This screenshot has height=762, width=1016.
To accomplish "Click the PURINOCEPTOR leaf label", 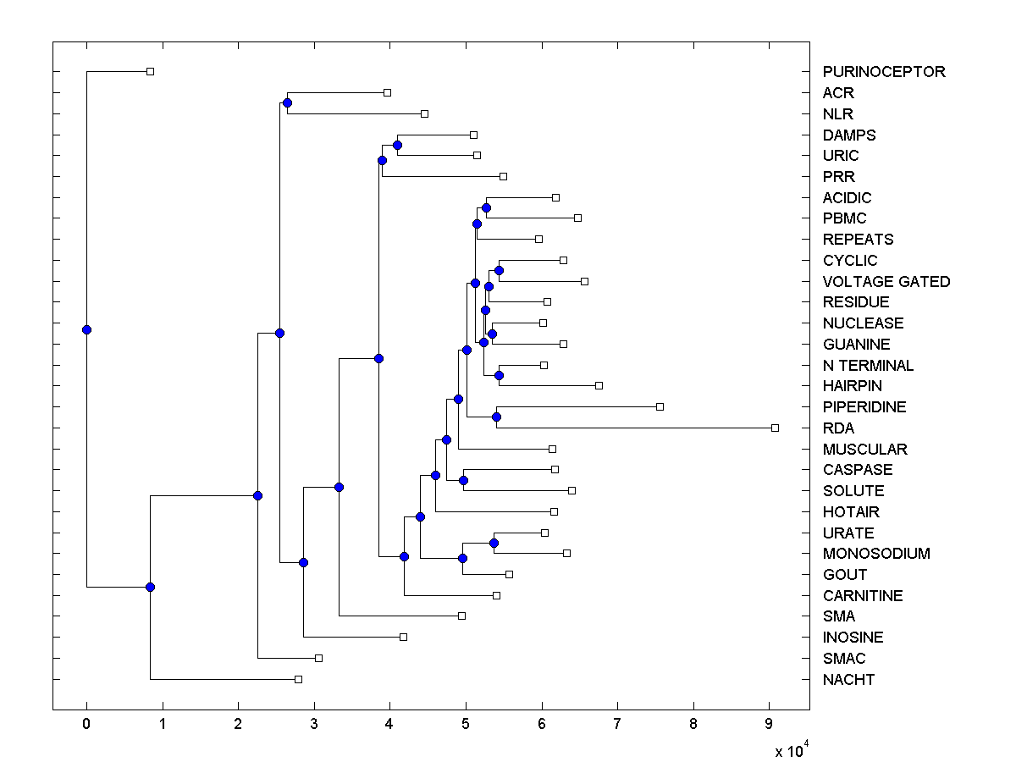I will click(884, 72).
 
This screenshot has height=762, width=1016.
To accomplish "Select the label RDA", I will click(838, 428).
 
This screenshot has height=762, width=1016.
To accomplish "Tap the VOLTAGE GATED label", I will click(886, 282).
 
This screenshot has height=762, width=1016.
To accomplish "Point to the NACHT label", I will click(848, 680).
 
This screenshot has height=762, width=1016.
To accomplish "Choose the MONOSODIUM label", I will click(876, 554).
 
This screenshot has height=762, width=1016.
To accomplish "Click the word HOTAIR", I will click(851, 512).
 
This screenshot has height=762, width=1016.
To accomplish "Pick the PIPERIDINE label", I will click(864, 407).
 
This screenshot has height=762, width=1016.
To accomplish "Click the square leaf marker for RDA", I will click(775, 428).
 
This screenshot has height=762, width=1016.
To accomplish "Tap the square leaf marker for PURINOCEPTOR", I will click(150, 71).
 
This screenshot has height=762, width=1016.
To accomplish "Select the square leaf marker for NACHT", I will click(298, 679).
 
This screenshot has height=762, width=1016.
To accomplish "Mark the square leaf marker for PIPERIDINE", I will click(660, 406).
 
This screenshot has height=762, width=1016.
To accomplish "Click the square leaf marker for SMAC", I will click(318, 658).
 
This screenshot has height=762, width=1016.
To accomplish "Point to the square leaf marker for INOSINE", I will click(403, 637).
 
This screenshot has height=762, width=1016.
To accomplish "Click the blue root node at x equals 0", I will click(86, 329).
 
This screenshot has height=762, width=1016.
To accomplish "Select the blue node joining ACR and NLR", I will click(287, 102).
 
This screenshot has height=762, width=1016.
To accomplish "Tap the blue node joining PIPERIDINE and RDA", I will click(497, 417).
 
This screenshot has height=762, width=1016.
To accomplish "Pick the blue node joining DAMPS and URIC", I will click(398, 145).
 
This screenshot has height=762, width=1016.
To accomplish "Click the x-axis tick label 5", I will click(466, 725).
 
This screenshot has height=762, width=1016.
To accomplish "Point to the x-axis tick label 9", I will click(769, 725).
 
